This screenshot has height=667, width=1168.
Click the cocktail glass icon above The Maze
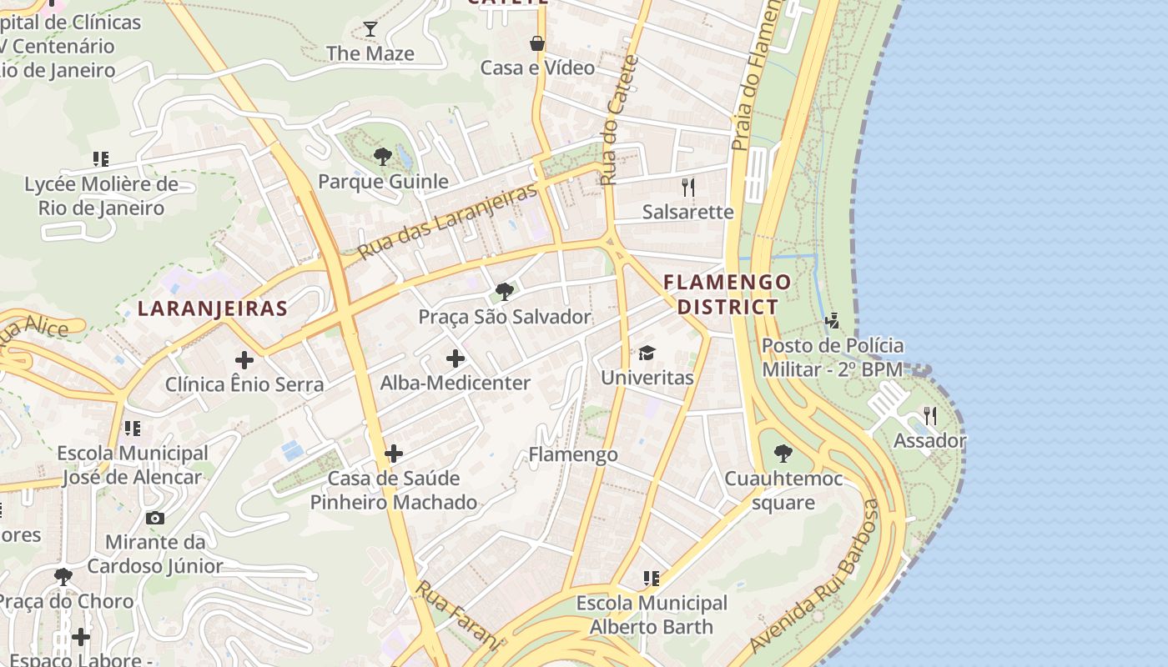tap(370, 29)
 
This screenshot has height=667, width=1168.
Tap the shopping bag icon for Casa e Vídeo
tap(537, 43)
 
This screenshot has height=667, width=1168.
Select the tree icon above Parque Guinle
tap(383, 156)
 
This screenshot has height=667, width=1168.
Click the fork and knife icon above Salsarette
tap(688, 187)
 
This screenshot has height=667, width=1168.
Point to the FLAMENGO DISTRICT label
tap(727, 294)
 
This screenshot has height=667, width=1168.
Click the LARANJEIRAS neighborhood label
tap(213, 308)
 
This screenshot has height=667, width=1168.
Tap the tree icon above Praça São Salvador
tap(504, 292)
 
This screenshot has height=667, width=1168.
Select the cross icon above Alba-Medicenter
tap(456, 359)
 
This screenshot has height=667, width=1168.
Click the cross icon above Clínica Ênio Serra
tap(244, 360)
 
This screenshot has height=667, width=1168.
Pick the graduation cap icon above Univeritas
tap(647, 353)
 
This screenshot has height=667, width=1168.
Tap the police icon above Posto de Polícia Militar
tap(832, 320)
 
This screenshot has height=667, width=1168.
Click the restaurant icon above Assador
tap(930, 416)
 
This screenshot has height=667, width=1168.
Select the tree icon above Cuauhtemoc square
tap(783, 454)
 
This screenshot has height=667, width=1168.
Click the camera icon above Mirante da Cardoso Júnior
tap(155, 518)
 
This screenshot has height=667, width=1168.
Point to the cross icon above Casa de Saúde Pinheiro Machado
tap(394, 454)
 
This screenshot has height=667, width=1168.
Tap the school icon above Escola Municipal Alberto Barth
tap(652, 578)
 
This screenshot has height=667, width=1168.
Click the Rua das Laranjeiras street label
tap(447, 221)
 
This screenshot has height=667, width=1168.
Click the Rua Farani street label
tap(458, 615)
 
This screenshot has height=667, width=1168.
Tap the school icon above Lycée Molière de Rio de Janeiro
tap(101, 158)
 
